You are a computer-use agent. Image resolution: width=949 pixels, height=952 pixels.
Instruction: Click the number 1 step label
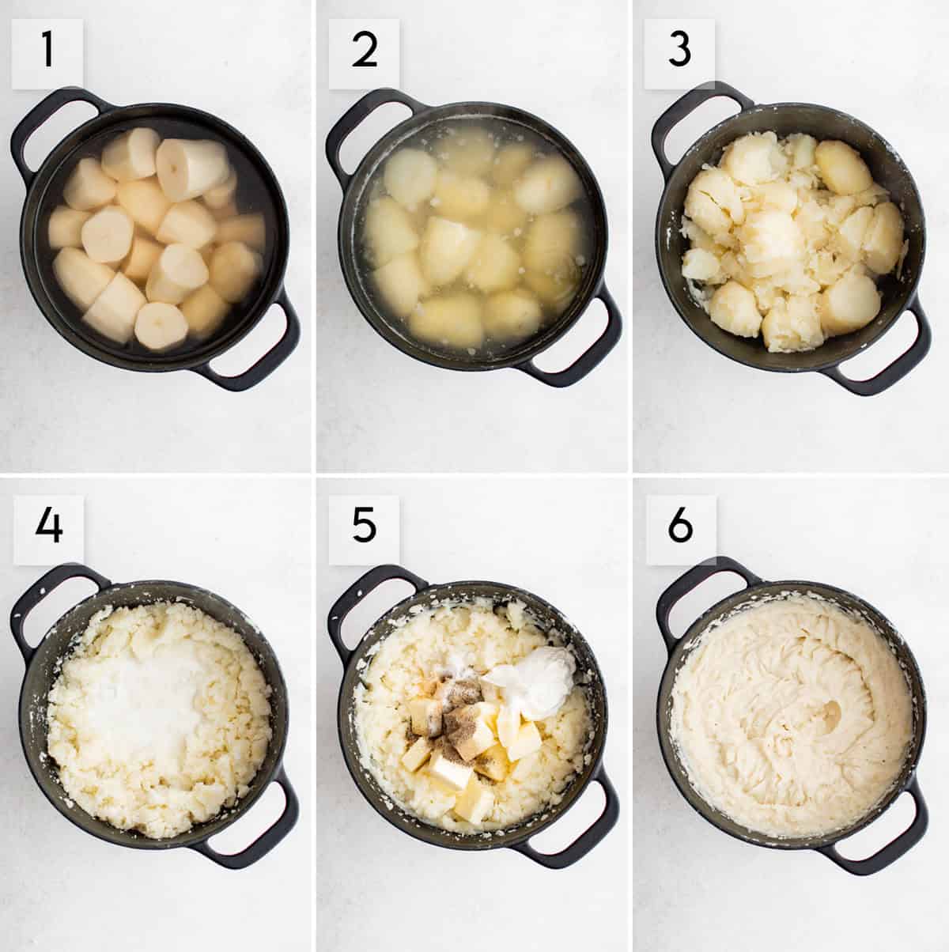tap(47, 50)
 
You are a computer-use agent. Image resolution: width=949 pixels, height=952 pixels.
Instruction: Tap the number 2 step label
tap(363, 50)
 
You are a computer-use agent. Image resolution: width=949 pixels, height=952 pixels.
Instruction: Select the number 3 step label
tap(679, 50)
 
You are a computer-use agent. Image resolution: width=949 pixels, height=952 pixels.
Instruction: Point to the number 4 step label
tap(47, 524)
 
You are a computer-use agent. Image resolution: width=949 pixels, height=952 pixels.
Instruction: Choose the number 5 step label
tap(363, 524)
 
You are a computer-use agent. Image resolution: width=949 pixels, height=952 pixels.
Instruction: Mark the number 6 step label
tap(679, 524)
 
